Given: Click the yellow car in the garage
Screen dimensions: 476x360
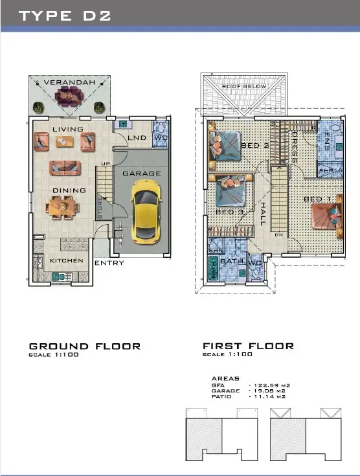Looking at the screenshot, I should click(144, 211).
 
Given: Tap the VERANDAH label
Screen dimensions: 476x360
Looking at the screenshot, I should click(69, 83).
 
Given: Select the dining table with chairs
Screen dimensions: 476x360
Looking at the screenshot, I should click(63, 207).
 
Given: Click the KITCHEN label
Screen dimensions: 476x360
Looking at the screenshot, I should click(67, 260).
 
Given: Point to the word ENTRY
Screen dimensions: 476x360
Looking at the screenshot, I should click(109, 263).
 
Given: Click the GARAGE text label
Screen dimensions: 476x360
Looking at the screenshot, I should click(141, 174).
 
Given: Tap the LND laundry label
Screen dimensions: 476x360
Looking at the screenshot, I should click(137, 138).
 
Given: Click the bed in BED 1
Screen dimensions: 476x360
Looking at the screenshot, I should click(326, 216).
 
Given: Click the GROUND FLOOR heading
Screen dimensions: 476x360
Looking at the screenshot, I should click(85, 346).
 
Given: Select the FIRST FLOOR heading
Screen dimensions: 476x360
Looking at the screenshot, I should click(248, 346).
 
